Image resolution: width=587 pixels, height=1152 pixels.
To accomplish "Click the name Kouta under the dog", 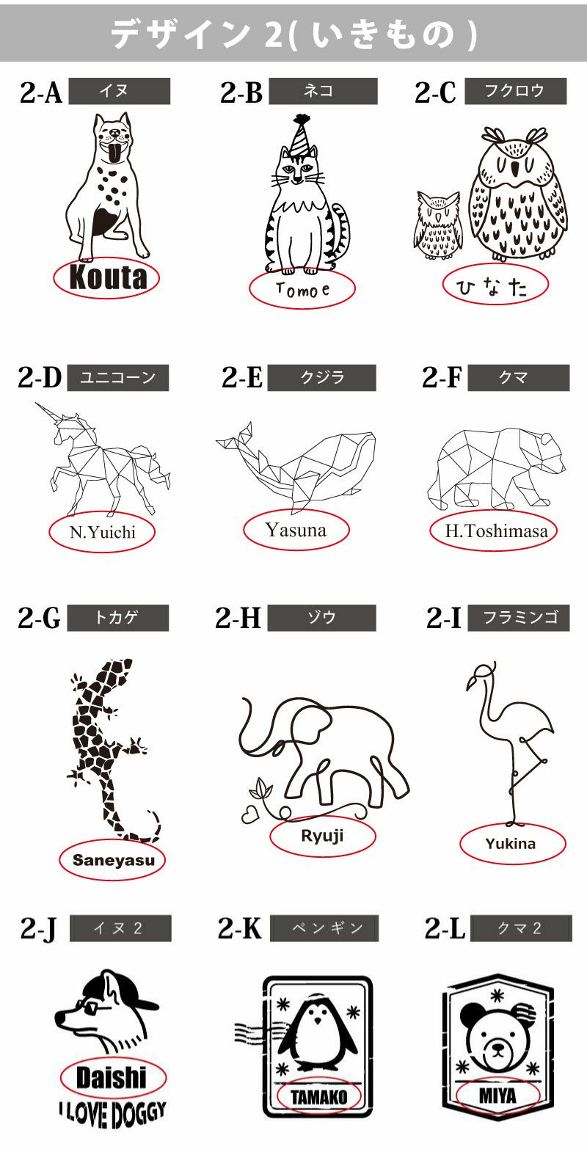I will coord(107,278).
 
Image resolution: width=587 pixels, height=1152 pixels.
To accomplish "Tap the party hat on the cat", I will coord(302,134).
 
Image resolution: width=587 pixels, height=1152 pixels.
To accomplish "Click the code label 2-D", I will coord(40,378).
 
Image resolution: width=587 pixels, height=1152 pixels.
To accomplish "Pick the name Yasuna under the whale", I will coord(296,530).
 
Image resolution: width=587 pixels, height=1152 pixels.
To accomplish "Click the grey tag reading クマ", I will coord(518,378).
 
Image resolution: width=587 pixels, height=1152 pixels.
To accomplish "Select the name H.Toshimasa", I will coord(496,531).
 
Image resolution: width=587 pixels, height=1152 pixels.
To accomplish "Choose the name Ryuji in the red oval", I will coord(322,836).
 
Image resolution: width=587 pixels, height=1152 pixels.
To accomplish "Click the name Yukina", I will coord(511,844).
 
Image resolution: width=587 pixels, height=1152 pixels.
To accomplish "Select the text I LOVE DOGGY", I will coord(112,1112).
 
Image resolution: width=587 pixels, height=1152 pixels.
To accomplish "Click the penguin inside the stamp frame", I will coord(318,1035).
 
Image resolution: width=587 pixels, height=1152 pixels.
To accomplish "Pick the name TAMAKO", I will coord(318,1098).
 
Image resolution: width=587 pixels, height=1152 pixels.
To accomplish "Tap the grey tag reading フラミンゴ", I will coord(519,618).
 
